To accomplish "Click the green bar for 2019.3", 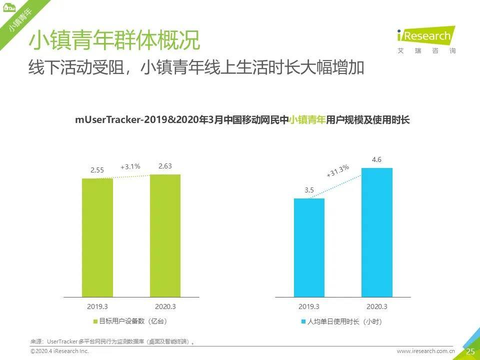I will coord(97,237).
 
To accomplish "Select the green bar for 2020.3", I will coord(165,235).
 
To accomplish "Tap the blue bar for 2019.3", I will coord(309,247).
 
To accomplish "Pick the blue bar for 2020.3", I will coord(376,232).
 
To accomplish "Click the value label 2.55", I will coord(97,170).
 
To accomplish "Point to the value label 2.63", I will coord(165,166).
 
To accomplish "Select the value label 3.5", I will coord(309,190).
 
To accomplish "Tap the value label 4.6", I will coord(376,159).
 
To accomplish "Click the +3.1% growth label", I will coord(130,166).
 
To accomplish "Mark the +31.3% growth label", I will coord(337,171).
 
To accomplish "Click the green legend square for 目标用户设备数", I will coord(95,321).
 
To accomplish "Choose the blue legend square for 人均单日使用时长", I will coord(303,321).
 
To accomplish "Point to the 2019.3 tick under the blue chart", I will coord(309,306).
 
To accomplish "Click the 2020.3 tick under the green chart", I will coord(165,306).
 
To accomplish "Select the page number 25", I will coord(470,351).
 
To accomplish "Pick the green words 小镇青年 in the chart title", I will coord(307,120).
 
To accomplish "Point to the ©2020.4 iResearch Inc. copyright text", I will coord(59,351).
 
